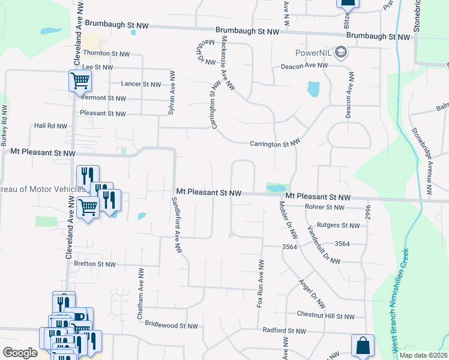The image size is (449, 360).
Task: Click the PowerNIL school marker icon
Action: tap(341, 52)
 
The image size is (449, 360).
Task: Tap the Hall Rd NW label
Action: tap(50, 126)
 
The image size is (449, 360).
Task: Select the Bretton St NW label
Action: tap(94, 263)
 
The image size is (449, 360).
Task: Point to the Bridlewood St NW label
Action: tap(171, 325)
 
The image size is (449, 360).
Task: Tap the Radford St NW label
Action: tap(284, 331)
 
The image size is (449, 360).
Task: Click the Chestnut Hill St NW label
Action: tap(327, 316)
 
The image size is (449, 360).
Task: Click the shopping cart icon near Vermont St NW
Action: tap(80, 80)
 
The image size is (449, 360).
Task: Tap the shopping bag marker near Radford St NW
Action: tap(363, 346)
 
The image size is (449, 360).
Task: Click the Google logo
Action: tap(20, 353)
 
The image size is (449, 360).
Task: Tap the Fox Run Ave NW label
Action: tap(260, 284)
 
